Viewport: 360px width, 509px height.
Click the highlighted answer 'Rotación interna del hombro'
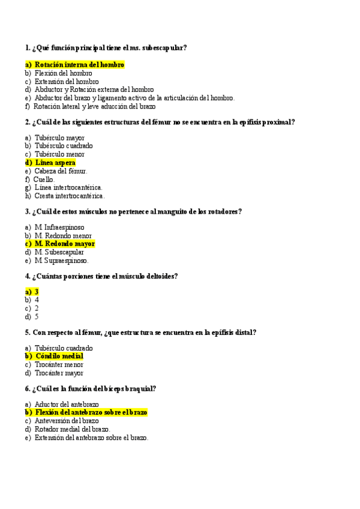[79, 64]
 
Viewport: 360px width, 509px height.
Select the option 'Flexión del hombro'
[63, 73]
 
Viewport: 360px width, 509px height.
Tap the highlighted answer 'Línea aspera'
[55, 163]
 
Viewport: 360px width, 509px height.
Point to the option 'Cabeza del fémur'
[61, 171]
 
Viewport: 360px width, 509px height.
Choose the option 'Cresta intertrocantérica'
[69, 196]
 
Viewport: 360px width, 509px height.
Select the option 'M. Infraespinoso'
[59, 227]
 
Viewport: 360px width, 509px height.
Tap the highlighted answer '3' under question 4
[37, 292]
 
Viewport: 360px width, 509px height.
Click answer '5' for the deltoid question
[37, 316]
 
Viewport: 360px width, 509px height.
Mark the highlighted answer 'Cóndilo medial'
[59, 356]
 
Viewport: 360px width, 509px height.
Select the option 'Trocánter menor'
[59, 364]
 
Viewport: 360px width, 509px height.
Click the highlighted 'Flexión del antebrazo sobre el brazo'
[91, 412]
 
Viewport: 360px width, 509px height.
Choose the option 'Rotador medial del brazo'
[72, 429]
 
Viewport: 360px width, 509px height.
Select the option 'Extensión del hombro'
[67, 82]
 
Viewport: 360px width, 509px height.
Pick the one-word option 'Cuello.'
[44, 179]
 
